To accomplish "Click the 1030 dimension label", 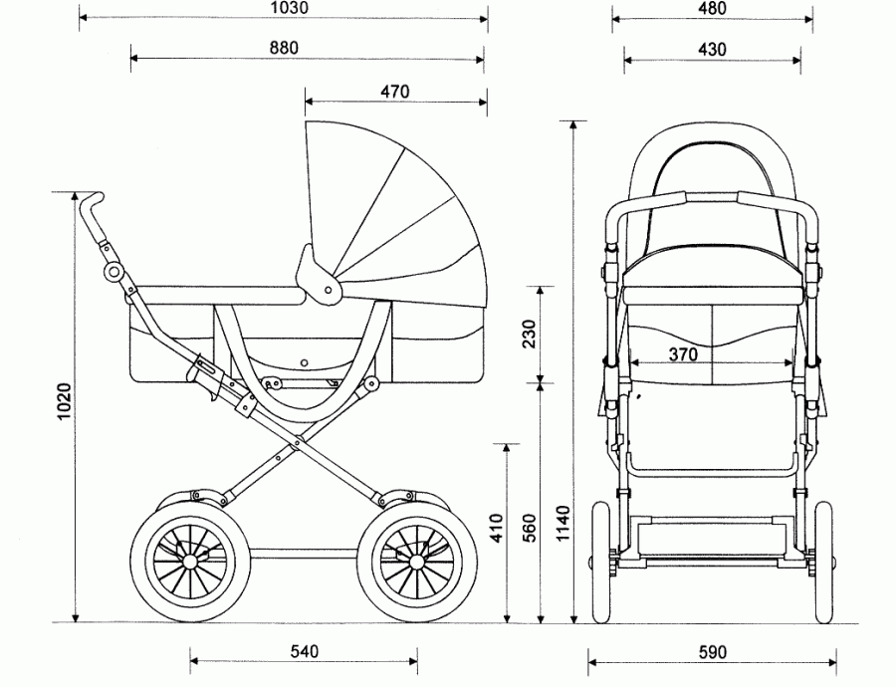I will coord(290,7).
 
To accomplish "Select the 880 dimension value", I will coord(283,47).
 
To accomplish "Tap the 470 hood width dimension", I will coord(394,92).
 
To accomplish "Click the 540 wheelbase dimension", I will coord(304,652).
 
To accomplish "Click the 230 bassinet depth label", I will coord(529,335).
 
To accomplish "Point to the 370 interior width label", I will coord(683,353).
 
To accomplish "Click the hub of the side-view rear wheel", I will coord(189,561).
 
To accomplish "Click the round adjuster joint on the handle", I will coord(114,271).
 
